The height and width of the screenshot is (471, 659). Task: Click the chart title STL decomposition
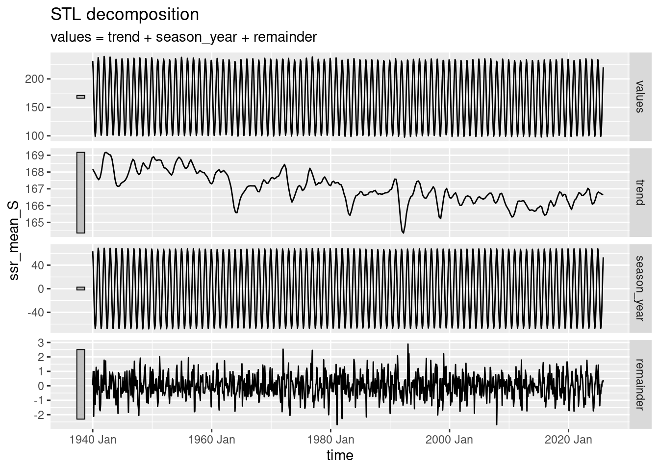coord(125,15)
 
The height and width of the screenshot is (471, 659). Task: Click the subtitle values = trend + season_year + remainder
coord(184,37)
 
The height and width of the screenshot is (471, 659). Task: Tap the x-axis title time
coord(340,455)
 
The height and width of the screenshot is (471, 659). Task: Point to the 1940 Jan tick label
coord(93,440)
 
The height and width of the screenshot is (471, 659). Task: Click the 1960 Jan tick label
coord(212,440)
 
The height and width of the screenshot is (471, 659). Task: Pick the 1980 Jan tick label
coord(330,440)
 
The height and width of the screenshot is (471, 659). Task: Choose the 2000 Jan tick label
coord(449,440)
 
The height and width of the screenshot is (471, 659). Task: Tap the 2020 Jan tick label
coord(568,440)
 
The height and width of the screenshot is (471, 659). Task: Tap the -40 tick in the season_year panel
coord(35,312)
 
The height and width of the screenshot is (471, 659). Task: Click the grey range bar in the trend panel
coord(81,192)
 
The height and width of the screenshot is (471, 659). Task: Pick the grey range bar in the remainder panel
coord(81,384)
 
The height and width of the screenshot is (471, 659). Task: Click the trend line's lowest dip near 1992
coord(404,232)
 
